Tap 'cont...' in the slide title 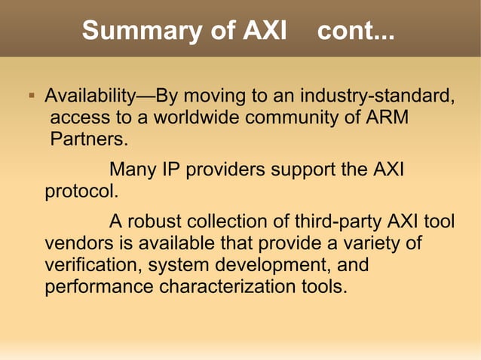tap(357, 31)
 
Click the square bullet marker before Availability tap(31, 97)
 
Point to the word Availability tap(89, 98)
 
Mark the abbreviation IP tap(171, 170)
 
